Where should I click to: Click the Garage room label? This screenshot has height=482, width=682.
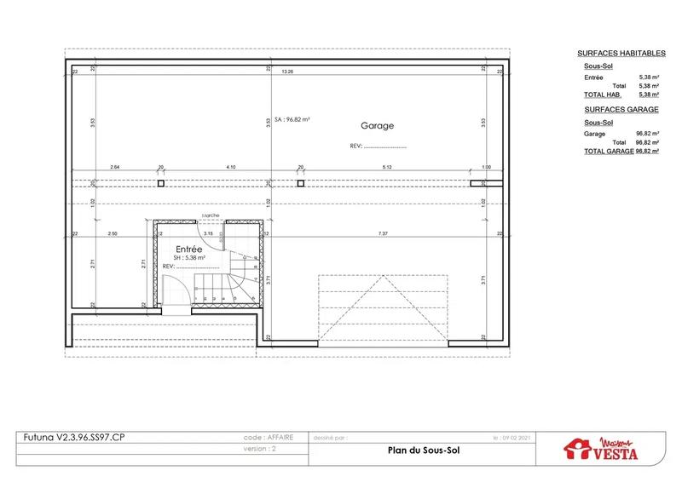377,125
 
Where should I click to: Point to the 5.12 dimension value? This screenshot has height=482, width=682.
385,167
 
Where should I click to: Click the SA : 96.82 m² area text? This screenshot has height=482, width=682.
291,120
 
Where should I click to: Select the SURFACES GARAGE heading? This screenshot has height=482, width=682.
621,111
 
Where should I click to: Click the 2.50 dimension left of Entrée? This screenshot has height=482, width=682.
112,232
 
